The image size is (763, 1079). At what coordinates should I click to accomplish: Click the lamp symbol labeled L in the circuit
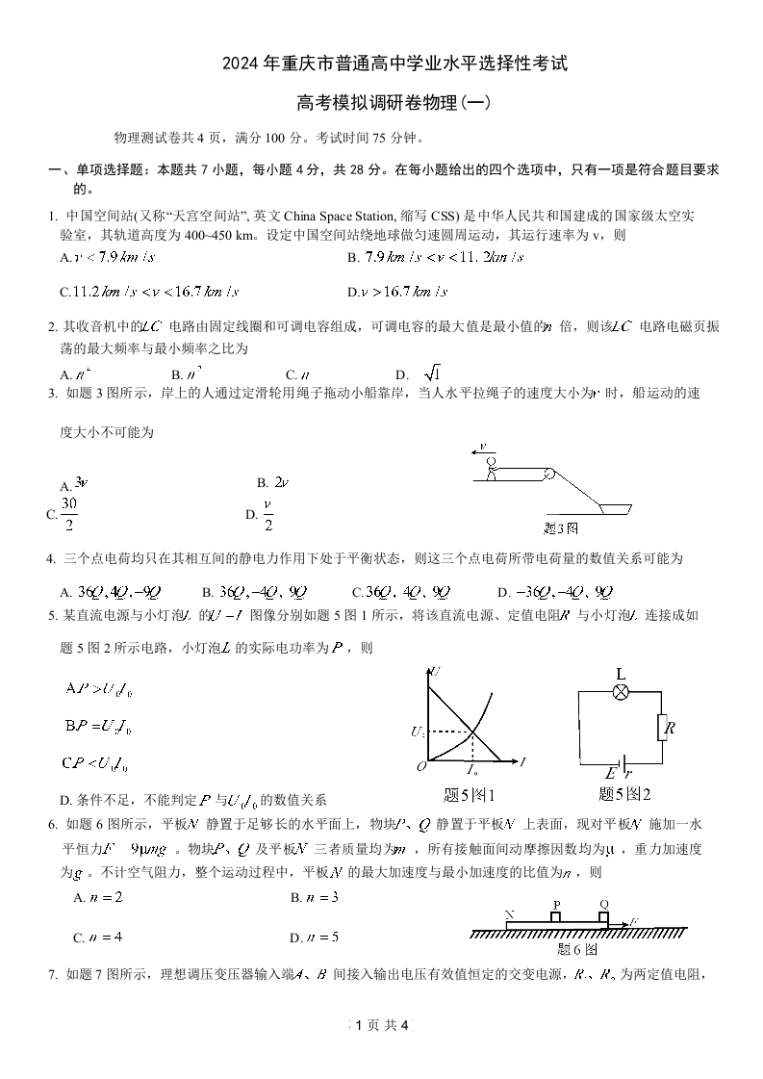coord(622,692)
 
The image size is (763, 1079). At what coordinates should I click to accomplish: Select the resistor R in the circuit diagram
coord(664,727)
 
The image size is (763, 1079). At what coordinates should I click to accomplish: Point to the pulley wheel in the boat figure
coord(548,472)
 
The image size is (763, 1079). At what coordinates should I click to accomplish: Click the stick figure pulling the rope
coord(491,466)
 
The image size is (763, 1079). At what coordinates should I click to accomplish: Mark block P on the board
coord(556,916)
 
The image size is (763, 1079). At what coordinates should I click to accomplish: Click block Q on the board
coord(603,916)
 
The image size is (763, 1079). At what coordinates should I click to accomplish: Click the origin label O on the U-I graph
coord(420,767)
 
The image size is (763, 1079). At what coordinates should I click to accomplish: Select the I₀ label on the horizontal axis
coord(472,772)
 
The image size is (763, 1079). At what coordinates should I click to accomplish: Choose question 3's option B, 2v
coord(273,482)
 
